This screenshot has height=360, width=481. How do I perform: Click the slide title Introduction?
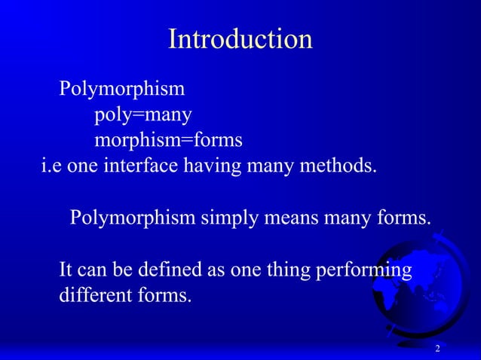point(240,39)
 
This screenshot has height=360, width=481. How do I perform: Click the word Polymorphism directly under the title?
point(121,90)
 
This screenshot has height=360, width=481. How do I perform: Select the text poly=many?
point(142,115)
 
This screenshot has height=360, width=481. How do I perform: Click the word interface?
point(142,166)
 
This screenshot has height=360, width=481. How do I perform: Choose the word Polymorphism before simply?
point(133,218)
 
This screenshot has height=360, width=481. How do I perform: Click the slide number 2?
point(437,350)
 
